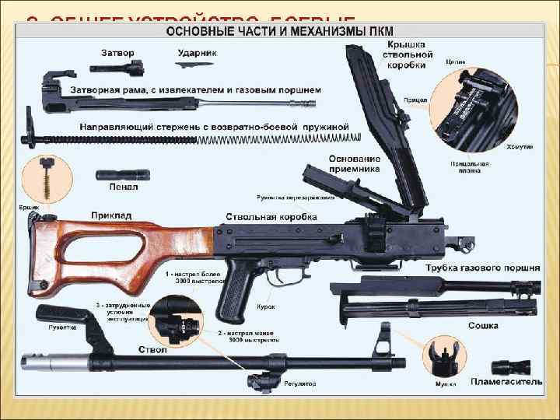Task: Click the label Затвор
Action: coord(118,53)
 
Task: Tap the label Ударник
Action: coord(197,53)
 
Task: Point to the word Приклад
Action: coord(110,214)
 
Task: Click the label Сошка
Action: coord(482,326)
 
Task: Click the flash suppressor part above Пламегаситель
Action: coord(509,366)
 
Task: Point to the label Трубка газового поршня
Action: coord(482,268)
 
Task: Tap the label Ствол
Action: coord(153,350)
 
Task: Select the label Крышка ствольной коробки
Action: coord(407,55)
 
